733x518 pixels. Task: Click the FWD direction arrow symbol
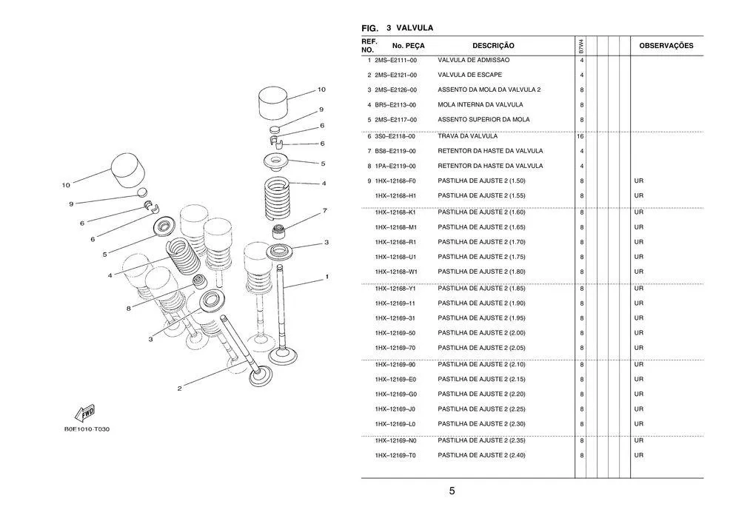[x=84, y=414]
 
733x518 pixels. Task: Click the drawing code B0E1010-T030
[x=87, y=429]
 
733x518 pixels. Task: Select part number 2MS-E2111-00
[x=395, y=60]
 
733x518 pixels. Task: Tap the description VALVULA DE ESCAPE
[x=470, y=75]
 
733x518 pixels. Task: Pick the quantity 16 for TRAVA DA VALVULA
[x=580, y=136]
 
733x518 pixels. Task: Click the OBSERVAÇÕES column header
[x=666, y=45]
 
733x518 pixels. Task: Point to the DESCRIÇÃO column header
[x=493, y=46]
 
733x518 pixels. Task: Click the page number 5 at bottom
[x=452, y=491]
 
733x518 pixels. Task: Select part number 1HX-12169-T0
[x=395, y=455]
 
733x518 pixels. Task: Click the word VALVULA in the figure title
[x=415, y=28]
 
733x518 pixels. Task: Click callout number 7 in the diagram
[x=325, y=211]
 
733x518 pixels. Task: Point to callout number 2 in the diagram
[x=179, y=388]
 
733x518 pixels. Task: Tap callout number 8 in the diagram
[x=129, y=309]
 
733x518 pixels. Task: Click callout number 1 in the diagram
[x=327, y=277]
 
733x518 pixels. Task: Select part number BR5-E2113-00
[x=395, y=105]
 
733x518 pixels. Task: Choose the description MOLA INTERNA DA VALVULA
[x=481, y=104]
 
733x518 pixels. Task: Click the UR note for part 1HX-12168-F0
[x=639, y=181]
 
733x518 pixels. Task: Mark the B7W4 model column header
[x=581, y=46]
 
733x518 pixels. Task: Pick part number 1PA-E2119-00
[x=395, y=166]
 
